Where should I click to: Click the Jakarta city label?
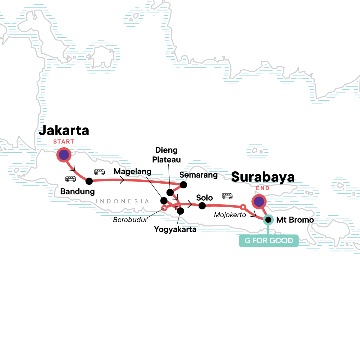tap(64, 130)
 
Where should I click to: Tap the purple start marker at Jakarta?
tap(64, 155)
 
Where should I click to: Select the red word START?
tap(64, 142)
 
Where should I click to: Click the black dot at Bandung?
tap(89, 181)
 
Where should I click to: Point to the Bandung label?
tap(77, 191)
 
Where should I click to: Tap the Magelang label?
tap(133, 172)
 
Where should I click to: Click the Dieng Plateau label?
tap(166, 155)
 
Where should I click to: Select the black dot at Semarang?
tap(183, 185)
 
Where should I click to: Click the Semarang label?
tap(198, 175)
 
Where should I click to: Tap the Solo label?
tap(204, 198)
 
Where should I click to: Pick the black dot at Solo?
tap(202, 206)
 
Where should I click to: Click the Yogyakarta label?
tap(175, 229)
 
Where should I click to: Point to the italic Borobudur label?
tap(130, 220)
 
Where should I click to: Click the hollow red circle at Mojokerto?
tap(243, 207)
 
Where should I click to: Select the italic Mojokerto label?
tap(230, 215)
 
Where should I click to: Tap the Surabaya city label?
tap(263, 177)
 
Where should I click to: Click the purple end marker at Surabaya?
tap(259, 202)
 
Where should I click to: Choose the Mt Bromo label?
tap(295, 220)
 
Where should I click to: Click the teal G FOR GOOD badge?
tap(268, 241)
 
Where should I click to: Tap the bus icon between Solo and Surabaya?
tap(227, 196)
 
